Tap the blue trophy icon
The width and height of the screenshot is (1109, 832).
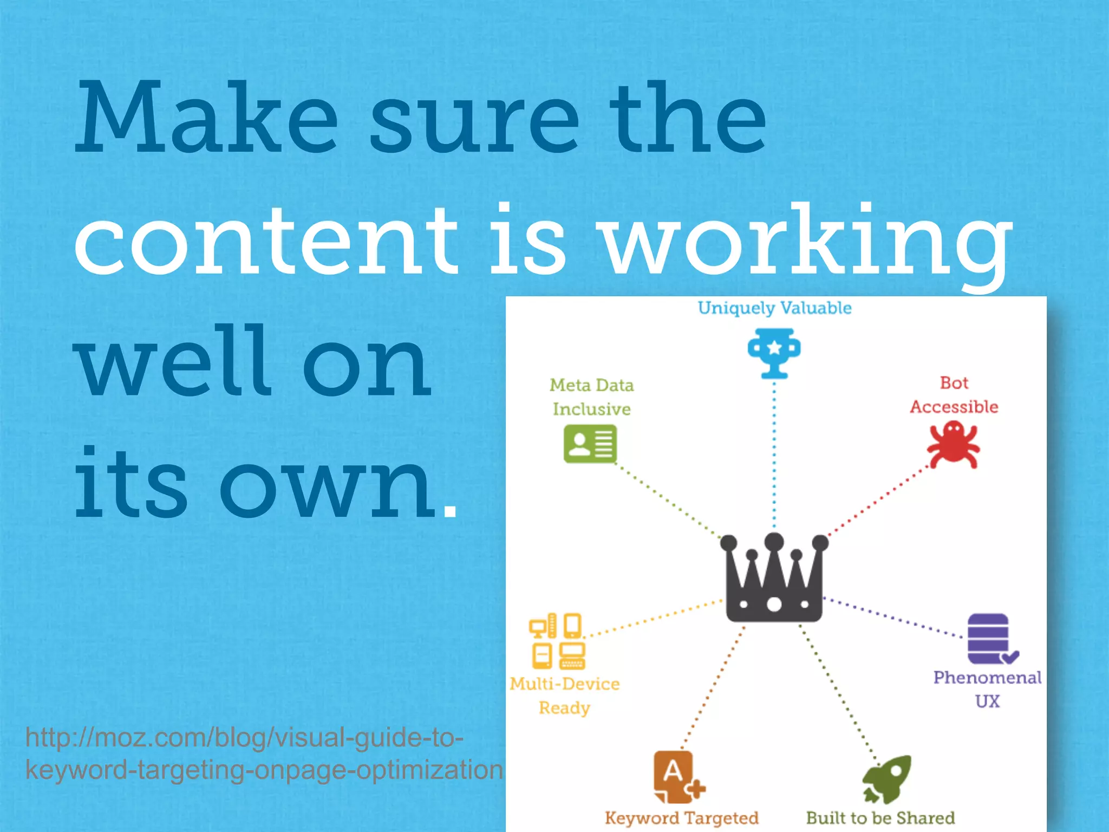tap(774, 353)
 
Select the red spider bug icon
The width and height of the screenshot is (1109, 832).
tap(954, 445)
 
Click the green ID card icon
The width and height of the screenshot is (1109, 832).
tap(590, 444)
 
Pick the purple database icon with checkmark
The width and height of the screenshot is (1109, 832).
tap(990, 639)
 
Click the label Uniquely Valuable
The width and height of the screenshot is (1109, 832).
tap(774, 308)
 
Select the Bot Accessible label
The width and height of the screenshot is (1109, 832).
tap(954, 395)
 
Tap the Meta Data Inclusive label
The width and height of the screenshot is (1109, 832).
tap(591, 396)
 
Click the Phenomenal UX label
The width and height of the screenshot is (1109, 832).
tap(987, 689)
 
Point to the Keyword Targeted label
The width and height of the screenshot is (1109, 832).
tap(682, 817)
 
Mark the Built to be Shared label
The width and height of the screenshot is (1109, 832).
tap(880, 817)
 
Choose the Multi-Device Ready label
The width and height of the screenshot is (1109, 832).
tap(564, 695)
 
